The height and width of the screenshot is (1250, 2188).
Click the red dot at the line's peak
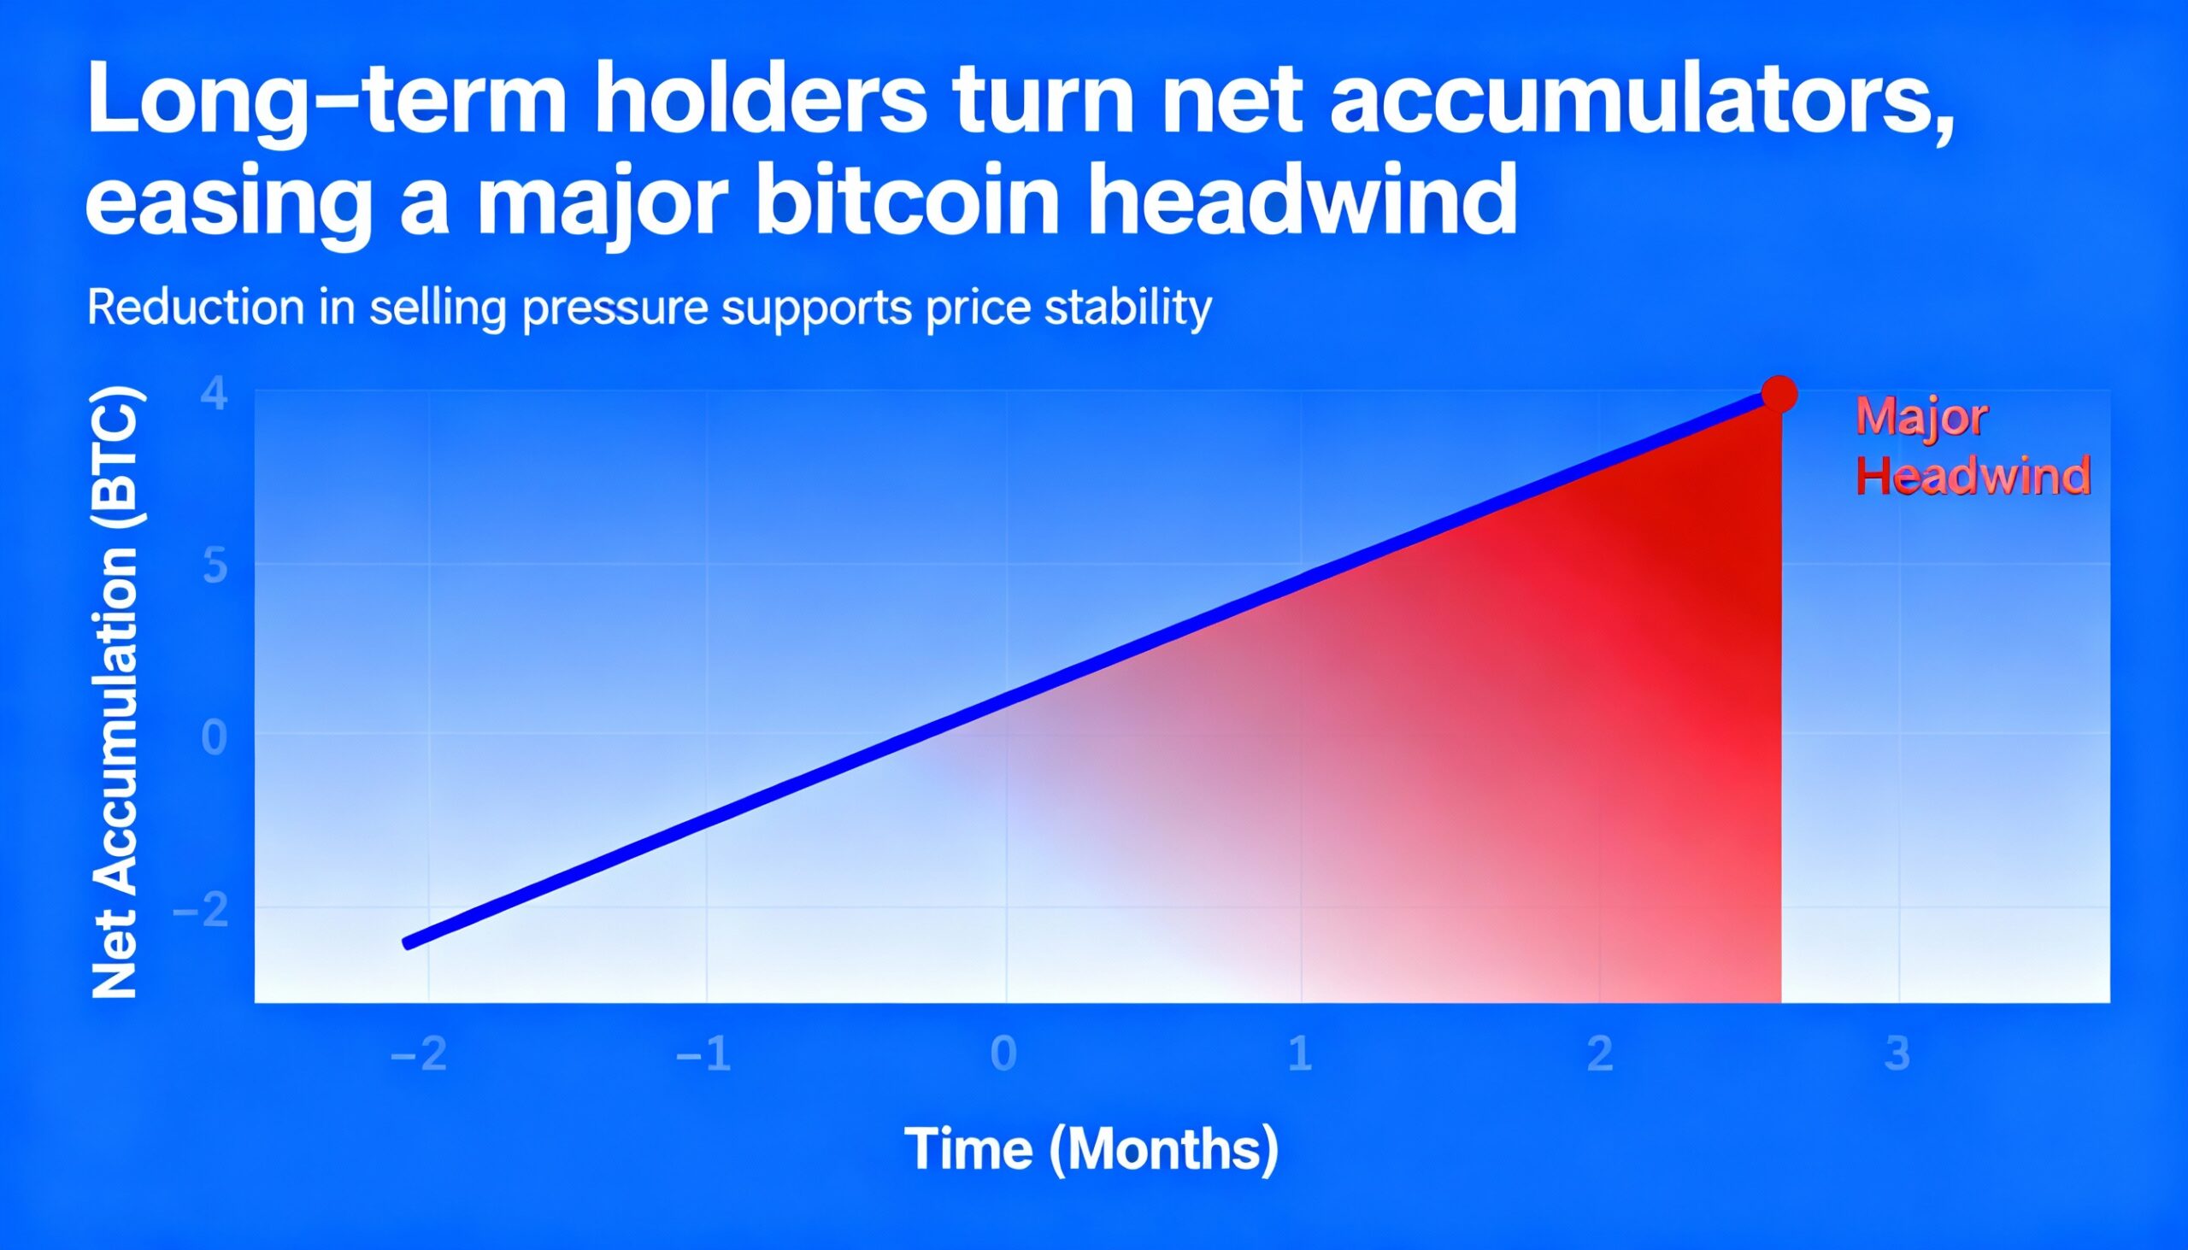click(x=1779, y=394)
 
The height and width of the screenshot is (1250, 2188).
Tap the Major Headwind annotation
click(x=1973, y=446)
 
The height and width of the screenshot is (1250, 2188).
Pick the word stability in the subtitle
click(x=1127, y=308)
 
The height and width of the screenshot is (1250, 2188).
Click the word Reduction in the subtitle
click(x=196, y=308)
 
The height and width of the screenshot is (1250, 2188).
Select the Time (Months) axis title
click(x=1091, y=1148)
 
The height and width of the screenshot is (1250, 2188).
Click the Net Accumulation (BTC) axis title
click(x=115, y=692)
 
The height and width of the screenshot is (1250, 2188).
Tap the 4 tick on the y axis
click(x=215, y=394)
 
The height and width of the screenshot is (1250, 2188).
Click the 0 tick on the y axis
click(x=215, y=738)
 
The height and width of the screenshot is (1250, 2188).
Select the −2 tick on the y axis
click(x=202, y=910)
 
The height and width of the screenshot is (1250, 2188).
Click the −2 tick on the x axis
click(x=419, y=1053)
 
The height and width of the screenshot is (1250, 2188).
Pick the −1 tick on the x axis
click(x=704, y=1053)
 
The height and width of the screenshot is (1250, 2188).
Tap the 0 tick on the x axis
click(x=1003, y=1053)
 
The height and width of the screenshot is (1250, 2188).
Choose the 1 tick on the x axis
click(x=1300, y=1053)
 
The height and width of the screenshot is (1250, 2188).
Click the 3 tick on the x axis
click(x=1897, y=1053)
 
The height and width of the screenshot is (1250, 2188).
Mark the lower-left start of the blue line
click(x=408, y=943)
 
